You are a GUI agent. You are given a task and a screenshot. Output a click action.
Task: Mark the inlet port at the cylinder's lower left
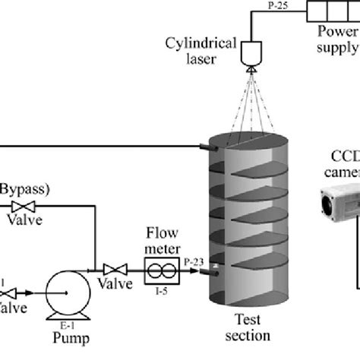(x=214, y=267)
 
